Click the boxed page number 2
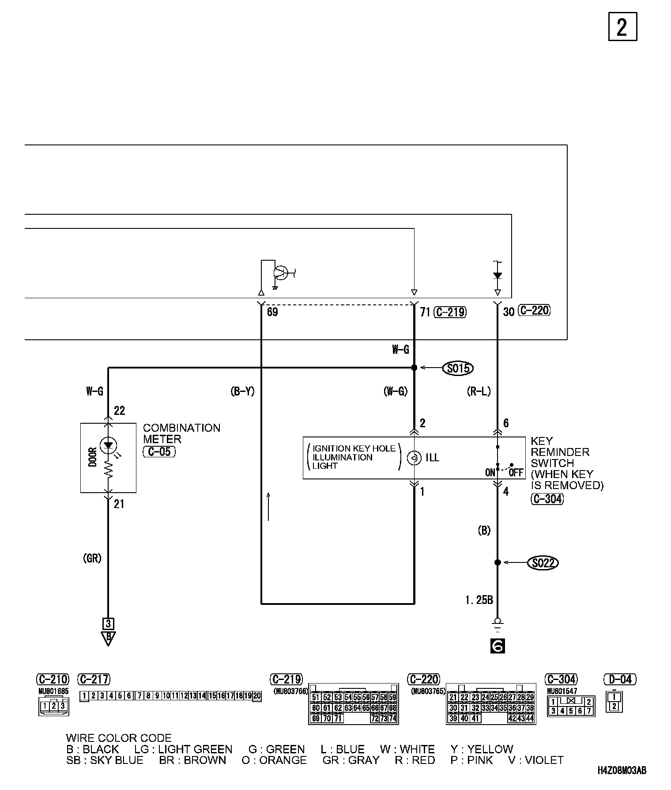point(622,27)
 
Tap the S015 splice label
point(458,368)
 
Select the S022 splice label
point(543,563)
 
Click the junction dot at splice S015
point(414,368)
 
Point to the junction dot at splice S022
point(498,562)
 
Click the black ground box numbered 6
point(498,646)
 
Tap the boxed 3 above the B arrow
point(108,623)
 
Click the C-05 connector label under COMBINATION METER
point(159,452)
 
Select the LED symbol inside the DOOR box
point(108,445)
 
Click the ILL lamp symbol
point(414,458)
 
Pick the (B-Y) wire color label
point(243,391)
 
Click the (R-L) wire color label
point(479,391)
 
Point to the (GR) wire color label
point(92,558)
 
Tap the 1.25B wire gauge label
point(479,600)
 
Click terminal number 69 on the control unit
point(272,312)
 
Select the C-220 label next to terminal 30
point(534,311)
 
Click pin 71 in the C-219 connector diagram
point(337,718)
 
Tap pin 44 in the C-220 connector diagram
point(530,718)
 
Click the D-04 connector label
point(620,679)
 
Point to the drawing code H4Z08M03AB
point(622,771)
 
